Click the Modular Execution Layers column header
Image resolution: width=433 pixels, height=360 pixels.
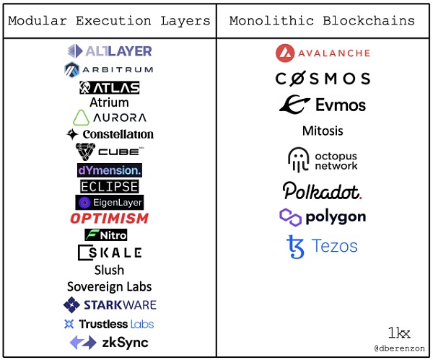pyautogui.click(x=109, y=20)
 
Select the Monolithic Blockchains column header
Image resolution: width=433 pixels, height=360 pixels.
pyautogui.click(x=322, y=20)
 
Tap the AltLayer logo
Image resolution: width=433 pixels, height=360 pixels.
pyautogui.click(x=109, y=51)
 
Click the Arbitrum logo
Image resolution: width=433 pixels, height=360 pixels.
pyautogui.click(x=109, y=69)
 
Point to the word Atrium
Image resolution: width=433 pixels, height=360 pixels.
pyautogui.click(x=109, y=102)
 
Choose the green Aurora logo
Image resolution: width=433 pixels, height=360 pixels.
pyautogui.click(x=109, y=117)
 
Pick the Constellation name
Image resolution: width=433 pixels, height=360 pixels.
pyautogui.click(x=109, y=134)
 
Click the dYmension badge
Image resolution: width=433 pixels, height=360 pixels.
pyautogui.click(x=109, y=170)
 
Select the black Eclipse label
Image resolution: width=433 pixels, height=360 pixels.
pyautogui.click(x=109, y=186)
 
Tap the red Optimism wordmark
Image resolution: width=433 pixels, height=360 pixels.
pyautogui.click(x=109, y=218)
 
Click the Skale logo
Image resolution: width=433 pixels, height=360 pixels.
pyautogui.click(x=109, y=253)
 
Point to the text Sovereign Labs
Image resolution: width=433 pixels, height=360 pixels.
pyautogui.click(x=109, y=286)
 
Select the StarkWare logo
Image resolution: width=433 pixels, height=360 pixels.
pyautogui.click(x=109, y=304)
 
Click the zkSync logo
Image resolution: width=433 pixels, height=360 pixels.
pyautogui.click(x=109, y=342)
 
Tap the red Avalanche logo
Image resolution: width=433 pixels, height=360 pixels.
pyautogui.click(x=323, y=53)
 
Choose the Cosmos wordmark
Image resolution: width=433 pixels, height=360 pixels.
pyautogui.click(x=323, y=79)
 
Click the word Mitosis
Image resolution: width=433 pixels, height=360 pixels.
pyautogui.click(x=323, y=131)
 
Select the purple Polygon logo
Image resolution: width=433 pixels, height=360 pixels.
pyautogui.click(x=323, y=216)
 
